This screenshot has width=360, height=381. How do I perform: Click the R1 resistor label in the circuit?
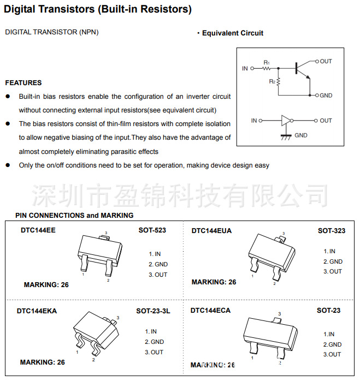click(267, 63)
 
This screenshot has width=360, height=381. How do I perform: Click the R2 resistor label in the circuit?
click(272, 81)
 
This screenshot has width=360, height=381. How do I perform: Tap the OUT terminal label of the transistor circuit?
click(326, 61)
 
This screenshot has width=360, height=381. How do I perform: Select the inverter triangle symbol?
click(286, 121)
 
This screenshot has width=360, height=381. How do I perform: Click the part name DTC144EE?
click(38, 230)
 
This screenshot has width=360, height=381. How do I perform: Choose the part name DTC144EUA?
click(211, 230)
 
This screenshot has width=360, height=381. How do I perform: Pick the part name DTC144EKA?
click(37, 311)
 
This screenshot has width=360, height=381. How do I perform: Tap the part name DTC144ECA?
click(210, 311)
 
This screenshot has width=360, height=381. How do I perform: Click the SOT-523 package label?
click(152, 230)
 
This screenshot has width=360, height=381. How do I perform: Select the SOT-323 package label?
click(332, 230)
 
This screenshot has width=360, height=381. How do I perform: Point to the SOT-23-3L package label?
click(153, 311)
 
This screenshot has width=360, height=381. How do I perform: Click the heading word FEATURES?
click(23, 83)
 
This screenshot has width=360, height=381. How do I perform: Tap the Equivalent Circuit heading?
click(232, 33)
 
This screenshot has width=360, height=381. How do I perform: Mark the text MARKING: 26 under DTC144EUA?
click(214, 282)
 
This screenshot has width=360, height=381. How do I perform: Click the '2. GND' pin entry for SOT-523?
click(158, 264)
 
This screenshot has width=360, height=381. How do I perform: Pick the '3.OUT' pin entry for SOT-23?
click(332, 354)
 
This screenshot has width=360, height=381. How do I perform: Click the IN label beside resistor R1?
click(245, 69)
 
